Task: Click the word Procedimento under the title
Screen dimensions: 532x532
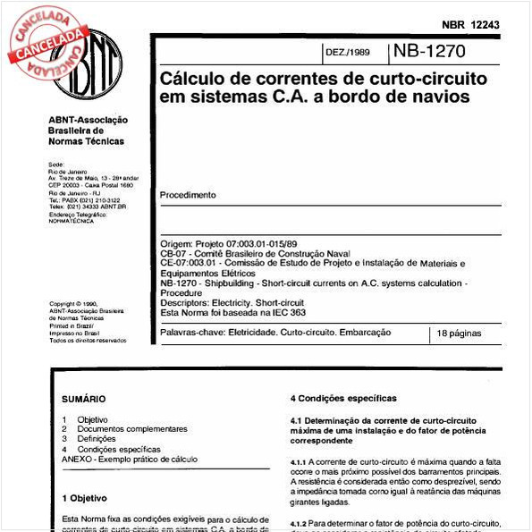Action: pos(188,195)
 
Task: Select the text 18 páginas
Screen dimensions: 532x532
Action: pos(459,333)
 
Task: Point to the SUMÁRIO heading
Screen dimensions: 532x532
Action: pos(84,399)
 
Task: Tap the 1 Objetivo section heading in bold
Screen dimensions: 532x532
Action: pos(85,497)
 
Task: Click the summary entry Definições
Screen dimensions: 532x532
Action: pos(97,439)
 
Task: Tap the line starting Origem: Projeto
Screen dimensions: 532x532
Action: pos(228,244)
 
